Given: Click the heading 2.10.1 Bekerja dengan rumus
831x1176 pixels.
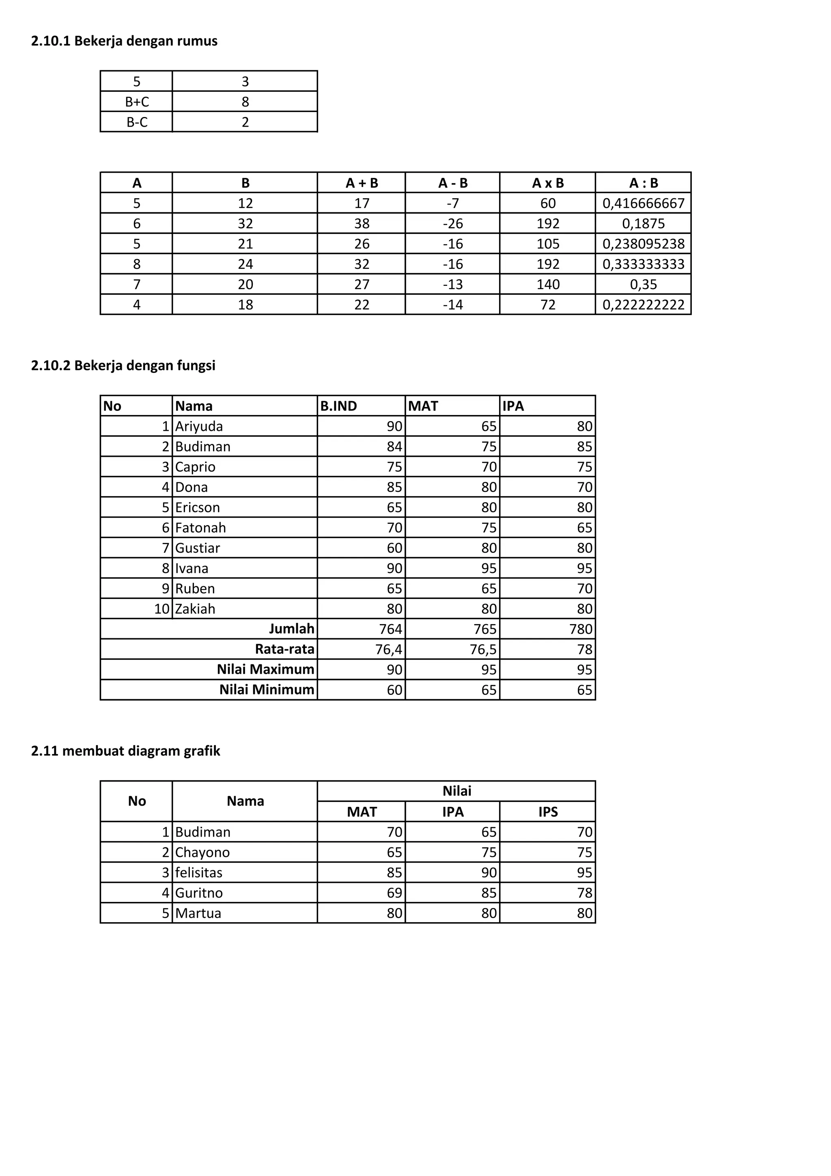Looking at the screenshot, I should point(124,41).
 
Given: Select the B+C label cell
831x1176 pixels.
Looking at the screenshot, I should point(137,102).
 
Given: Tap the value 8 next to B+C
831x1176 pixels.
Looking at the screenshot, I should point(245,102).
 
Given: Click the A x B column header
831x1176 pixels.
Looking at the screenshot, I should point(547,183).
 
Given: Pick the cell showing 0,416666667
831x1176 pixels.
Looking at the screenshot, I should point(643,203).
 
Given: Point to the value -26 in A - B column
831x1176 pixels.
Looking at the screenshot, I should point(453,224).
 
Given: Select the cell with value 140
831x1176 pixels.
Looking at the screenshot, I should point(547,284).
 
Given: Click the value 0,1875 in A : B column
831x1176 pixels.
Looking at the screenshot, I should point(643,224).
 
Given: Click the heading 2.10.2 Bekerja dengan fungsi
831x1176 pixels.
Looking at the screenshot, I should point(123,366).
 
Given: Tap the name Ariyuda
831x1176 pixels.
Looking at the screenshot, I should point(199,426).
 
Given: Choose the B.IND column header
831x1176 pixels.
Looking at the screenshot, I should point(339,406).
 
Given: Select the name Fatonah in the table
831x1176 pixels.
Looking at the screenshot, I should point(200,527).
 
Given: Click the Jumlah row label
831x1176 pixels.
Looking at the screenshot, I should point(292,629).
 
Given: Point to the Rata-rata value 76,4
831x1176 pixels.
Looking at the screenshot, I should point(388,649).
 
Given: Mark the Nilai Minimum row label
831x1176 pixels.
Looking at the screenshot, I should point(267,690).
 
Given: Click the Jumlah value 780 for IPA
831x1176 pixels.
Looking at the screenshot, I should point(581,629).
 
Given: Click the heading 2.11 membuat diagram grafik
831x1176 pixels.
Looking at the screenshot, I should point(125,751).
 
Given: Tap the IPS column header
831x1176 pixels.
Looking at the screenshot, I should point(547,812).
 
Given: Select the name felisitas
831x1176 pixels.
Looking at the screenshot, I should point(198,872).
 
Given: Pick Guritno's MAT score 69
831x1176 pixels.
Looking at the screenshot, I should point(394,893).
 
